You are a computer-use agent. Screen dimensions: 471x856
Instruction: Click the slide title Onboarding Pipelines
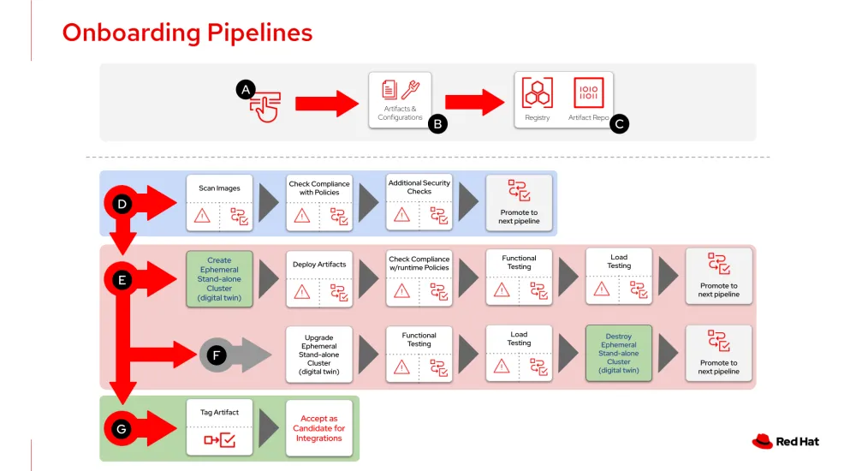coord(187,33)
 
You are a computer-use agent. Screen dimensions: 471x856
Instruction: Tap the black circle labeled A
coord(247,89)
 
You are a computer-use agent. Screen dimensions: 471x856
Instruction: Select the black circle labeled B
coord(437,124)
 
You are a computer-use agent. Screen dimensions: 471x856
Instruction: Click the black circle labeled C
coord(619,124)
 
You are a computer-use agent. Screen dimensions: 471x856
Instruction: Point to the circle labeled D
coord(122,204)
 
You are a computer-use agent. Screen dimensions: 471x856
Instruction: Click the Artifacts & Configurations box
coord(400,100)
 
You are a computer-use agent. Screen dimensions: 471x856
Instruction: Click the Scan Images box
coord(220,202)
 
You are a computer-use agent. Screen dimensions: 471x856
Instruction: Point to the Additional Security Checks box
coord(419,202)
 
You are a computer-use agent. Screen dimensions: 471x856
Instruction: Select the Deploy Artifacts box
coord(319,278)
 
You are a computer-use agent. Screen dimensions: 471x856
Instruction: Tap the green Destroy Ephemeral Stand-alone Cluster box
coord(618,354)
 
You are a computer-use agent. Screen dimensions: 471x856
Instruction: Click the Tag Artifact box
coord(219,427)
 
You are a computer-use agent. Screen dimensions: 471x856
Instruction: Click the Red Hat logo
coord(785,441)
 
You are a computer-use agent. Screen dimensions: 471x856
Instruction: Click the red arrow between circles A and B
coord(327,104)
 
